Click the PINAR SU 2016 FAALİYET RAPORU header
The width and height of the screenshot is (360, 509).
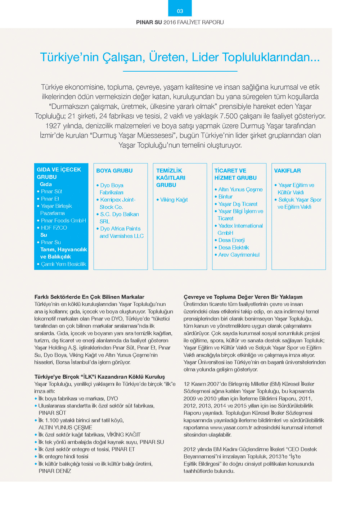[x=180, y=22]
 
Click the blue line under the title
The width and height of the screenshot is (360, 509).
[x=180, y=71]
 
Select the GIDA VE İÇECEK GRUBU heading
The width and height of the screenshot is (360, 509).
[x=59, y=173]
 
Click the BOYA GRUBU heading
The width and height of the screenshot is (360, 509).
[x=114, y=171]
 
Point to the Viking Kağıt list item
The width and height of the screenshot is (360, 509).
[x=174, y=200]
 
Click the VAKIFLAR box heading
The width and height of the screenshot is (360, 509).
[x=287, y=171]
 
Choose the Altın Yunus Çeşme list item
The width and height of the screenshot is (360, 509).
[x=240, y=189]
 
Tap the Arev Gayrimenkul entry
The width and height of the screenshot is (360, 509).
[x=239, y=255]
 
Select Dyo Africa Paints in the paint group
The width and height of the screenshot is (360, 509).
[x=120, y=229]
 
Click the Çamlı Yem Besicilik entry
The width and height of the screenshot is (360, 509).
[x=63, y=264]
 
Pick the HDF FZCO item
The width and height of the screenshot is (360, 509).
[x=54, y=228]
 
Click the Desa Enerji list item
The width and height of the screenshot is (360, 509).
[x=231, y=240]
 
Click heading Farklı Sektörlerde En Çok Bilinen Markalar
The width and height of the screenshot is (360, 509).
[x=89, y=297]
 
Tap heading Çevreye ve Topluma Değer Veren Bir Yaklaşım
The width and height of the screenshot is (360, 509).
[x=243, y=297]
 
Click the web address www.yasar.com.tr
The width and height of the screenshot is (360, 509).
[x=230, y=428]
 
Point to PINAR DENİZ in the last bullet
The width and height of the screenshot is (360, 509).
[x=55, y=471]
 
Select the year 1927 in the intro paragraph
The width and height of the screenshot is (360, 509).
[x=53, y=126]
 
